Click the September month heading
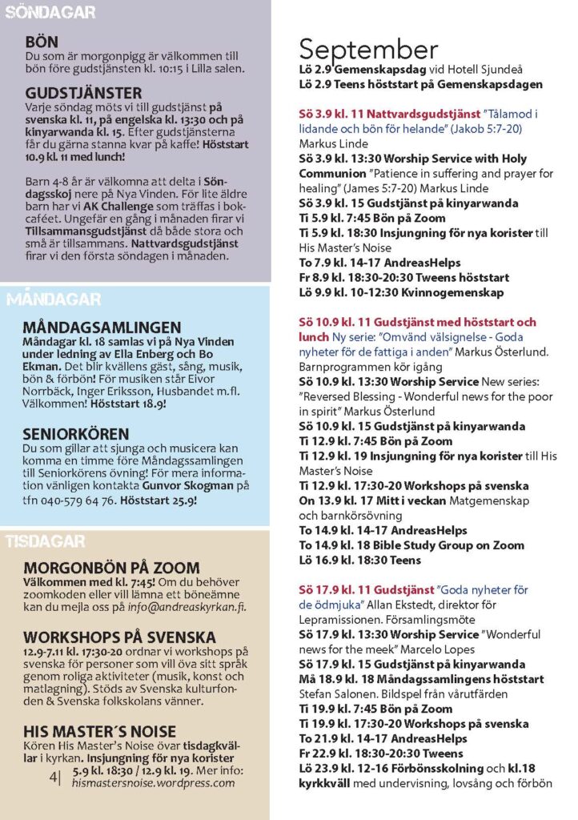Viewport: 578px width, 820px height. (368, 50)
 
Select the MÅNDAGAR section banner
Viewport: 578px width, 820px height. (54, 300)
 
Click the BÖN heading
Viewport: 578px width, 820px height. (42, 42)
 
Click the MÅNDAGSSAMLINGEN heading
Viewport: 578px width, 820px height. (102, 328)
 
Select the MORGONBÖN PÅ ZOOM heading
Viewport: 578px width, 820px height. (112, 567)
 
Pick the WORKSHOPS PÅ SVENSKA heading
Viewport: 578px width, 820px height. (119, 637)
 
